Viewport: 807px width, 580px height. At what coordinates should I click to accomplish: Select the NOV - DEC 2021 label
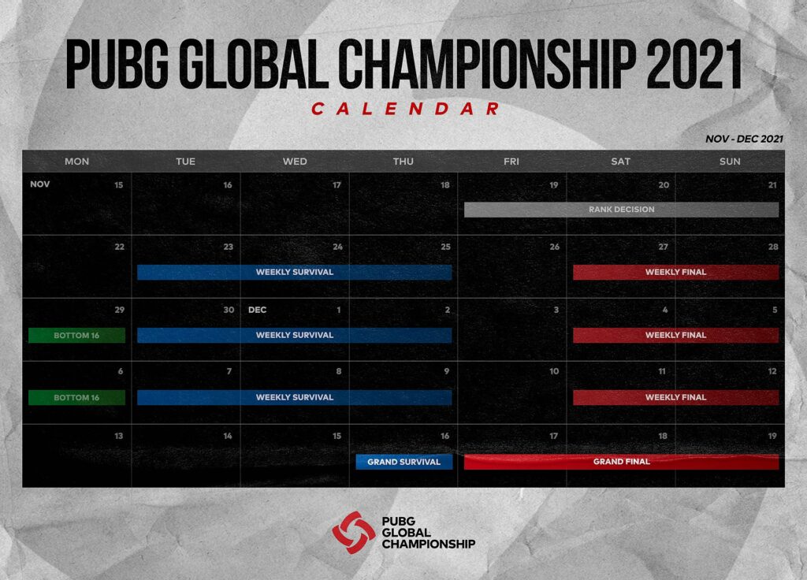point(745,139)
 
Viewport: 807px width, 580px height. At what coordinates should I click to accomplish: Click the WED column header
point(295,162)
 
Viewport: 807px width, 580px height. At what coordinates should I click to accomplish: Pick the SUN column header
point(730,162)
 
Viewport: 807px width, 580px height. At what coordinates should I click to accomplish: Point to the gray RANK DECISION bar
point(621,210)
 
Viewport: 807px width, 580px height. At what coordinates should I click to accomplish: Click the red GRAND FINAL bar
point(621,462)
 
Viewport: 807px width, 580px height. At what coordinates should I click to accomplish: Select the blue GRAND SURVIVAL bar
point(403,462)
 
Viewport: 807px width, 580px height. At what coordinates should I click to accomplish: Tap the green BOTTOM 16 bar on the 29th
point(76,335)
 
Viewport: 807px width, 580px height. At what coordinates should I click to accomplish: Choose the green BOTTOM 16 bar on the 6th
point(76,398)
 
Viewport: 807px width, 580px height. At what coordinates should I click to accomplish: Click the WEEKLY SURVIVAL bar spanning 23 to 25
point(294,272)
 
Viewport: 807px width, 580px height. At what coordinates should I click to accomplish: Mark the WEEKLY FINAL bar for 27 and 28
point(675,272)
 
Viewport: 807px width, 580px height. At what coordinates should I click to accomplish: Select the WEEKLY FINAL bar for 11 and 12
point(675,398)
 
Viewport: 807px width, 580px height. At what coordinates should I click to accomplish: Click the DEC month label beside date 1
point(258,310)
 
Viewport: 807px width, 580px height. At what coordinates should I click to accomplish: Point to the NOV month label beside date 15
point(39,184)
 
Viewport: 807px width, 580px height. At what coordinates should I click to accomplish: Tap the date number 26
point(554,247)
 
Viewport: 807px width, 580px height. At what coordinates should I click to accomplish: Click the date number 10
point(554,372)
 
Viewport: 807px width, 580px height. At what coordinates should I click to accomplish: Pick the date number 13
point(118,436)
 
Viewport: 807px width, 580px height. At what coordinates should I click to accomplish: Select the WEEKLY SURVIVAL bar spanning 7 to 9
point(294,398)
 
